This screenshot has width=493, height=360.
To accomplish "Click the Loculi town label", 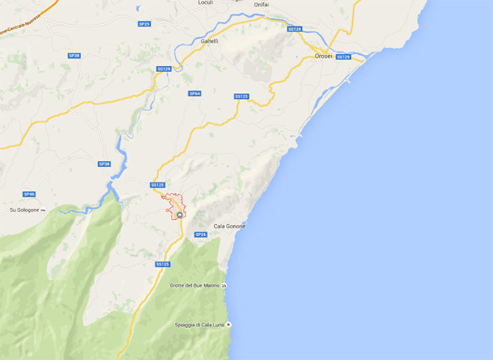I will (x=205, y=3).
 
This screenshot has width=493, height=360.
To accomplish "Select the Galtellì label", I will (x=210, y=41).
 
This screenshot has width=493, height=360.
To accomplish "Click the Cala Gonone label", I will (x=229, y=226).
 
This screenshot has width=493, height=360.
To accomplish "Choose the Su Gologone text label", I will (x=24, y=210).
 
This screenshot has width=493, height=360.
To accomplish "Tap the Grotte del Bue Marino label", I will (x=195, y=285).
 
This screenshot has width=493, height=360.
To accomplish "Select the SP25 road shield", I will (x=144, y=23).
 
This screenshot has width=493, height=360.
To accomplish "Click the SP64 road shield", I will (x=194, y=93).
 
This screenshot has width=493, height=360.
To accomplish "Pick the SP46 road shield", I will (x=30, y=194).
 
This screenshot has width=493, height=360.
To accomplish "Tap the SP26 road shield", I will (x=200, y=235).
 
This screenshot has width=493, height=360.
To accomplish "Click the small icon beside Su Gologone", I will (x=43, y=210).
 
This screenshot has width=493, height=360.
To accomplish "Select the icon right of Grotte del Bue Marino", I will (x=224, y=285).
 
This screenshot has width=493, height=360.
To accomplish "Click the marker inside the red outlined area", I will (x=179, y=215).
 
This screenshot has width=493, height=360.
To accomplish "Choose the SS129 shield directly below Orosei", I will (x=343, y=57).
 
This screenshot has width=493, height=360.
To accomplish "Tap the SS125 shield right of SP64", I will (x=242, y=97).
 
